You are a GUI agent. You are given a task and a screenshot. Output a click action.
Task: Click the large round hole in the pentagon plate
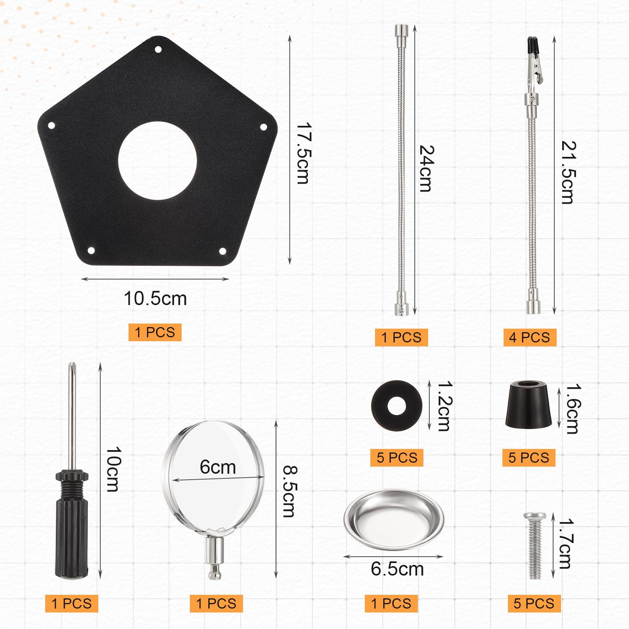157,161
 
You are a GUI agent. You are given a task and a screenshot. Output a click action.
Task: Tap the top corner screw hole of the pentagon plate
158,50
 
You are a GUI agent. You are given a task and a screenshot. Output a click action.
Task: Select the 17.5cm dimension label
303,153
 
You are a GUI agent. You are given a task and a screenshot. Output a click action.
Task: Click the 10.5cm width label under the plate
155,298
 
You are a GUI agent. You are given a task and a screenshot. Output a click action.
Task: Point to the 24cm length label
427,168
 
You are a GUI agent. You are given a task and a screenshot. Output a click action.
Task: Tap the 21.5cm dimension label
568,172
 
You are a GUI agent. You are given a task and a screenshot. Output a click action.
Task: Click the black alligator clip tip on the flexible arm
532,45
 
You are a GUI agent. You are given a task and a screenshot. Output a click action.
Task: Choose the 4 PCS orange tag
530,337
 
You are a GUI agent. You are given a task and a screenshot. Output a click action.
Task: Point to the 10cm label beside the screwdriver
114,469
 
